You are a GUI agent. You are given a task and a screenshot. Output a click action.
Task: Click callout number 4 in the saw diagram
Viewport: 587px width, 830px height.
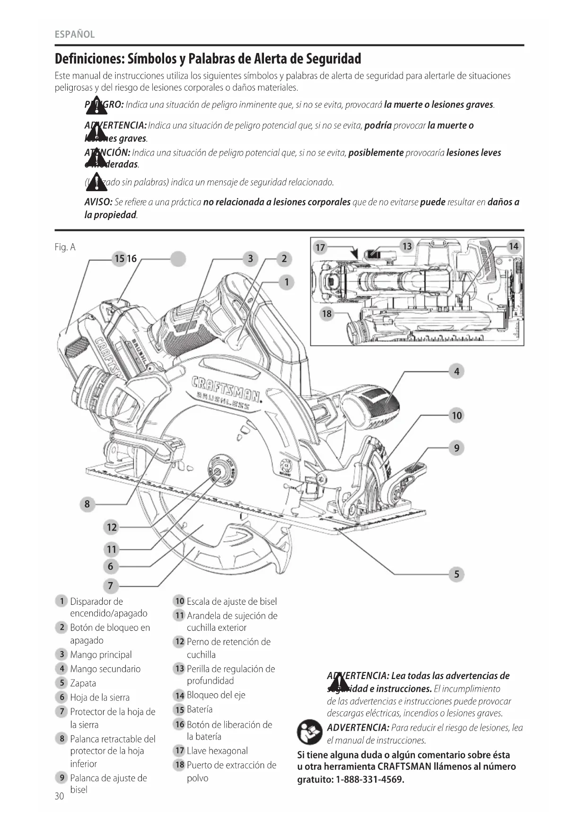click(x=456, y=371)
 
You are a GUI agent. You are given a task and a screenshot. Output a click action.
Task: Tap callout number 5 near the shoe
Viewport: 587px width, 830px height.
click(x=456, y=574)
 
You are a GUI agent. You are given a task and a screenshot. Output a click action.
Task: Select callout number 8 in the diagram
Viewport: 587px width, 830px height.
click(x=87, y=504)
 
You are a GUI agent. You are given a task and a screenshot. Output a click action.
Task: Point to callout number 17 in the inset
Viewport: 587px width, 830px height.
click(x=320, y=247)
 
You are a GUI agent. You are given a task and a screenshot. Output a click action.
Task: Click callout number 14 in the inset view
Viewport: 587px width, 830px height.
click(x=513, y=246)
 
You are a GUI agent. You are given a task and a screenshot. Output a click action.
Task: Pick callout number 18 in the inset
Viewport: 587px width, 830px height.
click(x=327, y=314)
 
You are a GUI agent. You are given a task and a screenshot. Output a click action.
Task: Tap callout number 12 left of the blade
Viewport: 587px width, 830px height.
click(x=112, y=527)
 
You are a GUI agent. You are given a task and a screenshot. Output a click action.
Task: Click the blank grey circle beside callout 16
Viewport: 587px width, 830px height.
click(x=178, y=259)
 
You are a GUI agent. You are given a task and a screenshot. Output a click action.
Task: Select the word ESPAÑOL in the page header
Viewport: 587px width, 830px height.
click(x=75, y=35)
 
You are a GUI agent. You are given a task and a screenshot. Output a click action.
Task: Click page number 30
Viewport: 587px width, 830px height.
click(x=59, y=796)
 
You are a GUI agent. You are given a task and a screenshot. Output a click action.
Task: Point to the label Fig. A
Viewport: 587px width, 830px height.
click(x=65, y=247)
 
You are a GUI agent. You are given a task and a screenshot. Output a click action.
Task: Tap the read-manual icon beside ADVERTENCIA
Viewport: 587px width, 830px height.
click(x=309, y=733)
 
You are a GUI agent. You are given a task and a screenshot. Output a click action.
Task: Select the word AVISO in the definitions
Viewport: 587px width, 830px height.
click(x=98, y=203)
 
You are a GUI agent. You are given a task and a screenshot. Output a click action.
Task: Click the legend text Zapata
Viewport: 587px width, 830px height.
click(x=83, y=683)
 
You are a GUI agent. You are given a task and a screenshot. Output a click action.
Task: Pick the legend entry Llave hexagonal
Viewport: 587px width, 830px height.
click(x=217, y=751)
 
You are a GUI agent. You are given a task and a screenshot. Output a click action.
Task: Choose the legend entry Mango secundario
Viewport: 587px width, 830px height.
click(x=105, y=669)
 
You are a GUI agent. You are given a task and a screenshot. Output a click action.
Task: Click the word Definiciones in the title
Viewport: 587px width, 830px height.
click(x=89, y=59)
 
